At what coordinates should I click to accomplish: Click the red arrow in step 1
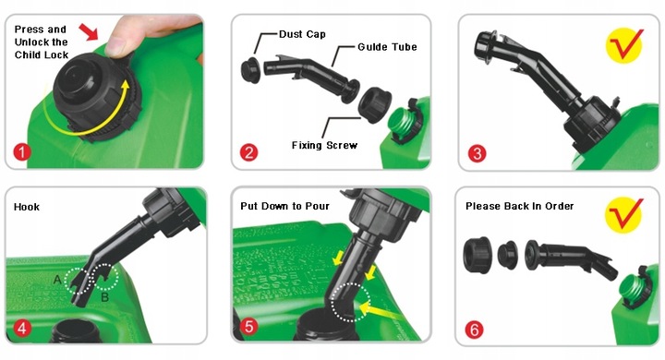pyautogui.click(x=89, y=31)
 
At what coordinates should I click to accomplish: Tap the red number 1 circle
pyautogui.click(x=22, y=151)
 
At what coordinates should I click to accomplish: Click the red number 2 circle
pyautogui.click(x=249, y=152)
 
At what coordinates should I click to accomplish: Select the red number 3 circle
pyautogui.click(x=478, y=153)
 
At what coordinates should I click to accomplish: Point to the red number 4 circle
pyautogui.click(x=22, y=329)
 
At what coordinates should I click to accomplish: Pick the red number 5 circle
pyautogui.click(x=249, y=327)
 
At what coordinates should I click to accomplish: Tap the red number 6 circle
pyautogui.click(x=474, y=329)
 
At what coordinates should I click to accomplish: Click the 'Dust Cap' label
pyautogui.click(x=302, y=34)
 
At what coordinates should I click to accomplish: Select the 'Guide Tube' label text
pyautogui.click(x=387, y=47)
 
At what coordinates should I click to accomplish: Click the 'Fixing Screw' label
pyautogui.click(x=324, y=146)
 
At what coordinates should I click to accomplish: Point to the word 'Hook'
pyautogui.click(x=26, y=207)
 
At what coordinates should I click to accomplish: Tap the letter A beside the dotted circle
pyautogui.click(x=57, y=280)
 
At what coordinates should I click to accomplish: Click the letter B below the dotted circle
pyautogui.click(x=105, y=297)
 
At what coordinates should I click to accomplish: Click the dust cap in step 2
pyautogui.click(x=251, y=71)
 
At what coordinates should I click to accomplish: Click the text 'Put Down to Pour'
pyautogui.click(x=284, y=206)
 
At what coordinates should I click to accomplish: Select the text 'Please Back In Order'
pyautogui.click(x=519, y=206)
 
